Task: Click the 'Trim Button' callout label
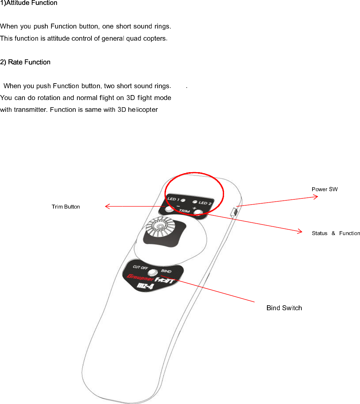pyautogui.click(x=66, y=207)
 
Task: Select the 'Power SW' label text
pyautogui.click(x=324, y=189)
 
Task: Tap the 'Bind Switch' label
pyautogui.click(x=284, y=308)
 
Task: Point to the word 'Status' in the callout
pyautogui.click(x=319, y=233)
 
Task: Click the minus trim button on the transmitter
pyautogui.click(x=169, y=209)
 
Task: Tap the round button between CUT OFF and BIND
pyautogui.click(x=152, y=272)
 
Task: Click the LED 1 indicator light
pyautogui.click(x=183, y=200)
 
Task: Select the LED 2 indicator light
pyautogui.click(x=195, y=202)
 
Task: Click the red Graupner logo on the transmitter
pyautogui.click(x=140, y=278)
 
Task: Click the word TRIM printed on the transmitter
pyautogui.click(x=184, y=211)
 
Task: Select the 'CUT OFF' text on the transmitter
pyautogui.click(x=140, y=267)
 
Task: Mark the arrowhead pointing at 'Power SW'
pyautogui.click(x=316, y=197)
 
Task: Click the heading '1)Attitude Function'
pyautogui.click(x=29, y=3)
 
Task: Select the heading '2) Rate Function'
pyautogui.click(x=25, y=62)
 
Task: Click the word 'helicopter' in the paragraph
pyautogui.click(x=143, y=110)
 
